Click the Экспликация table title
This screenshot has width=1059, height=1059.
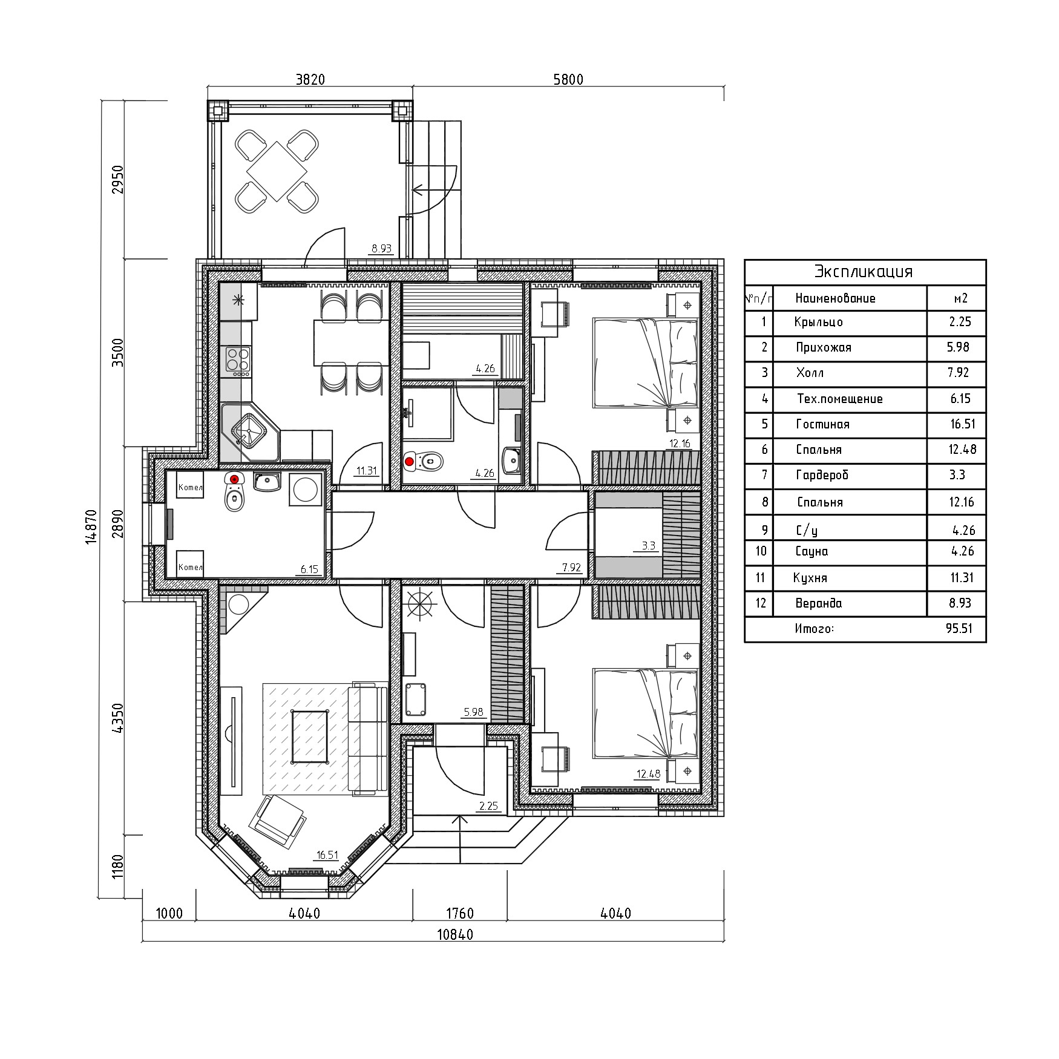click(x=864, y=271)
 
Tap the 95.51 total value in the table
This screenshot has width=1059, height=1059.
click(x=959, y=629)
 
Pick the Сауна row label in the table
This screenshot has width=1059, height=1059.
click(x=811, y=551)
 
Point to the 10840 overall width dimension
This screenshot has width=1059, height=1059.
click(x=455, y=934)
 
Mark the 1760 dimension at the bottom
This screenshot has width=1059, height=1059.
click(x=460, y=913)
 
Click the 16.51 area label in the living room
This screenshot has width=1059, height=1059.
click(x=327, y=855)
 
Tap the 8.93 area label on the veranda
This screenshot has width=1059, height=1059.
click(x=382, y=248)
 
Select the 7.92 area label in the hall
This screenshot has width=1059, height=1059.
click(x=571, y=568)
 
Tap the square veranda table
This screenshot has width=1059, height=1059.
click(x=276, y=171)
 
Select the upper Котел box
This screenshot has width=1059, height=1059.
click(x=190, y=485)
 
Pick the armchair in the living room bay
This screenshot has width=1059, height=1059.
click(x=277, y=820)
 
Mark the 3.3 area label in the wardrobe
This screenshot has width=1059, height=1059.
click(x=648, y=546)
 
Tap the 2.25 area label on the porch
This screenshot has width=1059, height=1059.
click(x=488, y=805)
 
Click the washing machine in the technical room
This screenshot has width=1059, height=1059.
click(x=306, y=489)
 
